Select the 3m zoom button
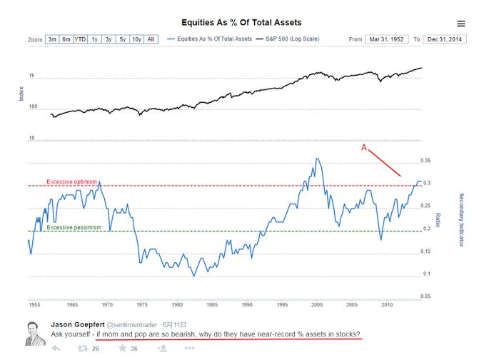coord(52,39)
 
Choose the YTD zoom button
coord(80,39)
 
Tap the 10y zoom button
coord(136,39)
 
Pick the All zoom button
coord(151,39)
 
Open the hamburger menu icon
coord(460,24)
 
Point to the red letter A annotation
coord(364,148)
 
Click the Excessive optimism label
coord(72,181)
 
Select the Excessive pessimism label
coord(74,227)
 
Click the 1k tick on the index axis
coord(31,75)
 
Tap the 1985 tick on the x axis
coord(211,305)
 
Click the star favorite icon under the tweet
coord(123,349)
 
